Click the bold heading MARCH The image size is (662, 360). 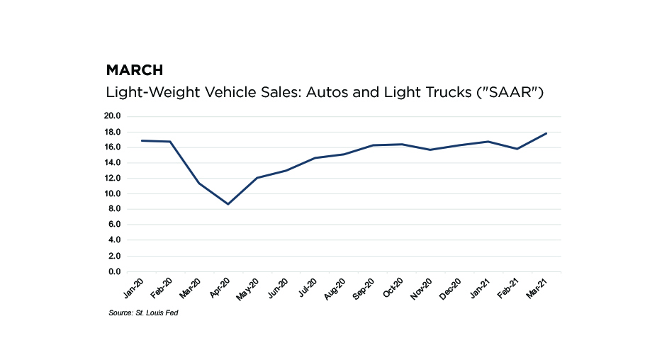point(135,70)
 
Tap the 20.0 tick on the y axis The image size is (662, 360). point(113,116)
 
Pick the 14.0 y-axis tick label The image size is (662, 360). point(113,163)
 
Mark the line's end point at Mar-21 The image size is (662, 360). point(546,133)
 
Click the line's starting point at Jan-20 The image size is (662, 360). point(141,140)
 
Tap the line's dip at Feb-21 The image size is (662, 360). point(517,149)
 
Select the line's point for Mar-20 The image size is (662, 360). point(199,183)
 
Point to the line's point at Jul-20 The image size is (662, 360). point(313,158)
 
